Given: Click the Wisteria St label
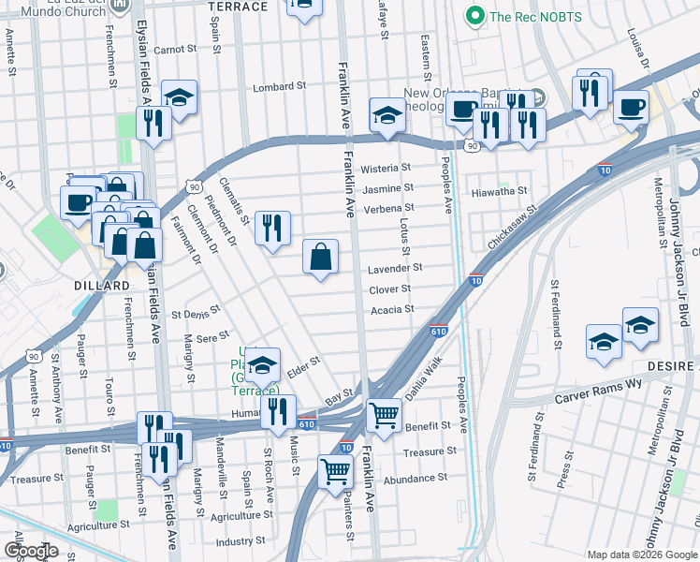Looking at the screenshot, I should click(386, 168).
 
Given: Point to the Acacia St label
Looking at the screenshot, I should click(393, 309).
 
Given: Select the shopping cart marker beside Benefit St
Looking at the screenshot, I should click(384, 413).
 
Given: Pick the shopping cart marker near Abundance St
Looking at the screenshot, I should click(335, 471).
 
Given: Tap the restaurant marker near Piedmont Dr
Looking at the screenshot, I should click(272, 227).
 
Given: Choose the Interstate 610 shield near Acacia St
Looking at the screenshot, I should click(438, 331).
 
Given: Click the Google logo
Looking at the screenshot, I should click(31, 551).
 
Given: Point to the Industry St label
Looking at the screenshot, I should click(241, 541).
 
